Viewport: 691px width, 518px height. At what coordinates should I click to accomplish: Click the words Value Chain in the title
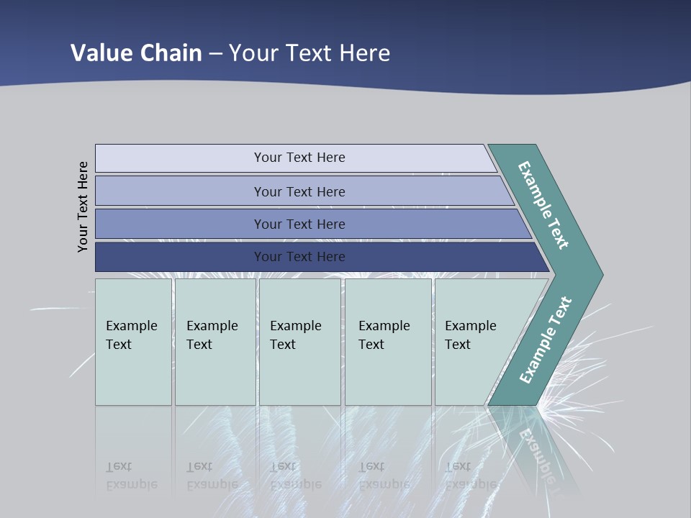136,53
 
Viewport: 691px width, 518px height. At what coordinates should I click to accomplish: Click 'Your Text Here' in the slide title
310,53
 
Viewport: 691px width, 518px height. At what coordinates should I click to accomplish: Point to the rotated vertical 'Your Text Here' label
83,206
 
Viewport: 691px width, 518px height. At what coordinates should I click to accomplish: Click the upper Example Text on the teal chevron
543,205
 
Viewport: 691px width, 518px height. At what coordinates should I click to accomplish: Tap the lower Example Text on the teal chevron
545,340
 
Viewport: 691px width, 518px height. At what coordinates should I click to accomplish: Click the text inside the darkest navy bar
299,257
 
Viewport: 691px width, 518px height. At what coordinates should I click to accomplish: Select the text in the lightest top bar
299,158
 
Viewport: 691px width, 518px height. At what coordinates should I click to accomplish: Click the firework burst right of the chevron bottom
569,403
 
